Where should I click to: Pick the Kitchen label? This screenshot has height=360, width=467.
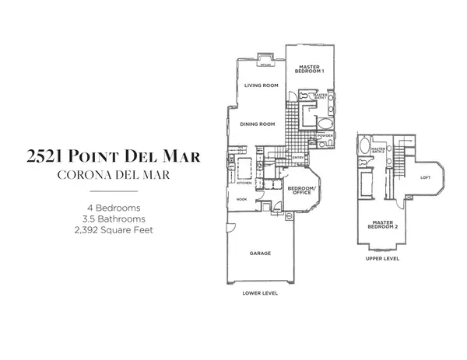[x=242, y=184]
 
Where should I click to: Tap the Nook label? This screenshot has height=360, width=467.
[x=241, y=199]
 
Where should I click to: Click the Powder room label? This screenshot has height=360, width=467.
[x=326, y=136]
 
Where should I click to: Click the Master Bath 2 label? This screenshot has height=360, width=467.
[x=380, y=150]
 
